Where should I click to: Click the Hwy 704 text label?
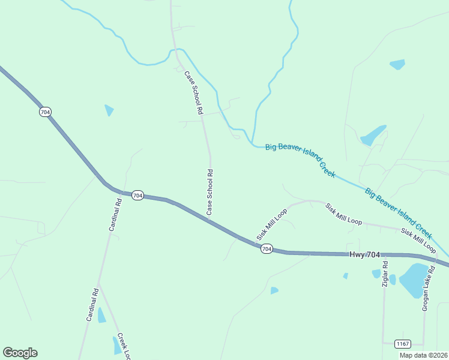(x=365, y=255)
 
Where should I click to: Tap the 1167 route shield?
(x=403, y=344)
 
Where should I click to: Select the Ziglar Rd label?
(x=385, y=274)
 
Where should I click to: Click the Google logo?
(x=20, y=353)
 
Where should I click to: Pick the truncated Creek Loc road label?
(x=124, y=346)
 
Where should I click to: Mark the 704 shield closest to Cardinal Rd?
(x=137, y=195)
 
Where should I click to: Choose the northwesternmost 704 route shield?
(x=46, y=112)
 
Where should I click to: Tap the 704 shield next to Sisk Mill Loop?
(x=267, y=248)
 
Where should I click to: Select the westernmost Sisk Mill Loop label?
(x=272, y=224)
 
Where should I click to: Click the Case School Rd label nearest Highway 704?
(x=210, y=192)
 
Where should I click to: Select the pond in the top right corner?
(x=397, y=64)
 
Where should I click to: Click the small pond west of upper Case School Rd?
(x=109, y=110)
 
